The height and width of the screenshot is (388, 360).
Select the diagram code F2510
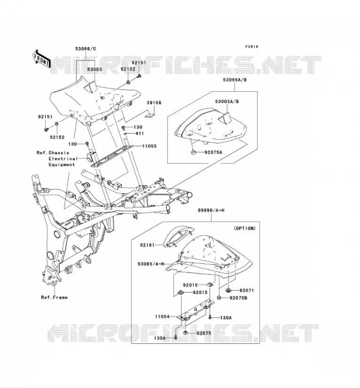[251, 47]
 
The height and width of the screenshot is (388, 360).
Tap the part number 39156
[154, 103]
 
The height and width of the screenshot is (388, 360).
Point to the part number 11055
[149, 146]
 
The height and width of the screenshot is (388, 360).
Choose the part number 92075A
[213, 152]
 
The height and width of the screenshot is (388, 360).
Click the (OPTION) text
[245, 228]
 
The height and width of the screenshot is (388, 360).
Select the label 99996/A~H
[211, 210]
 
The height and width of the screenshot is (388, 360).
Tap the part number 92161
[147, 245]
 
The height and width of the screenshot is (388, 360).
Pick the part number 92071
[247, 290]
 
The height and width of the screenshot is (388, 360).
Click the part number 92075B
[238, 298]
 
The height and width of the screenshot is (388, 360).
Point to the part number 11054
[162, 317]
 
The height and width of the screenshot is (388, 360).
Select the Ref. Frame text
[54, 297]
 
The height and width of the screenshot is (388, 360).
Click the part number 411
[139, 133]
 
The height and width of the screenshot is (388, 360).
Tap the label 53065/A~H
[151, 264]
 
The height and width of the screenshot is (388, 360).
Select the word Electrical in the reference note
[63, 159]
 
